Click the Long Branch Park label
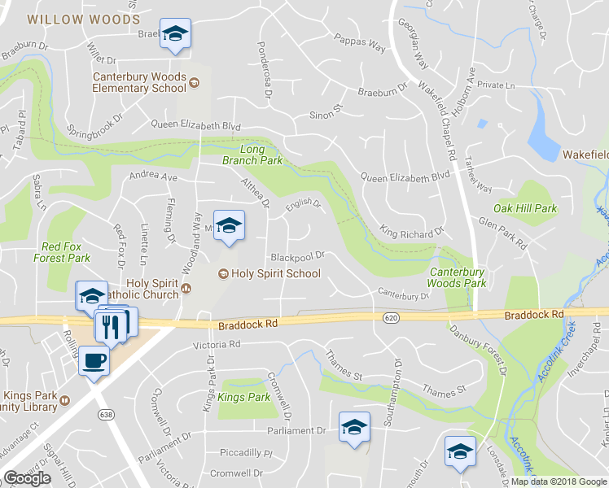[x=252, y=155]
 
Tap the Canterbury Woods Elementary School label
[x=139, y=82]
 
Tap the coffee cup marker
[x=94, y=359]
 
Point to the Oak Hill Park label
[x=525, y=208]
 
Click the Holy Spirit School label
[x=276, y=274]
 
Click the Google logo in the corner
[x=27, y=478]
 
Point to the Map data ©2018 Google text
[x=558, y=481]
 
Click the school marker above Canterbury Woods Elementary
[x=174, y=34]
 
